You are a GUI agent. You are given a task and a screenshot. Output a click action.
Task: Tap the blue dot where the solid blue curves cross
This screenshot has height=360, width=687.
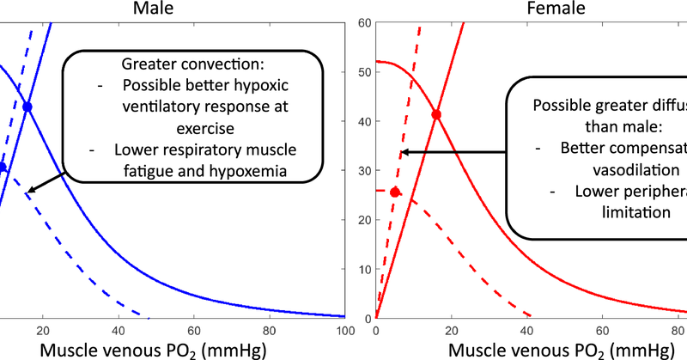(27, 107)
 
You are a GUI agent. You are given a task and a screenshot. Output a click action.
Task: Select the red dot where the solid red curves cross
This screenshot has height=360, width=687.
(436, 114)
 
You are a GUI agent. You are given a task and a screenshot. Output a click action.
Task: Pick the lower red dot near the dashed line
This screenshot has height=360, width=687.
(395, 192)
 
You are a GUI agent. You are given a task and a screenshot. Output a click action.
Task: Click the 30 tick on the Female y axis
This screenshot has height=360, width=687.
(363, 170)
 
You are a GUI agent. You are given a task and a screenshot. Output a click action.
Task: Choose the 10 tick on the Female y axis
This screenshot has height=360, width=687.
(363, 269)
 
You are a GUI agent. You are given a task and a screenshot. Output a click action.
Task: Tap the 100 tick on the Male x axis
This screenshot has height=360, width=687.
(343, 328)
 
